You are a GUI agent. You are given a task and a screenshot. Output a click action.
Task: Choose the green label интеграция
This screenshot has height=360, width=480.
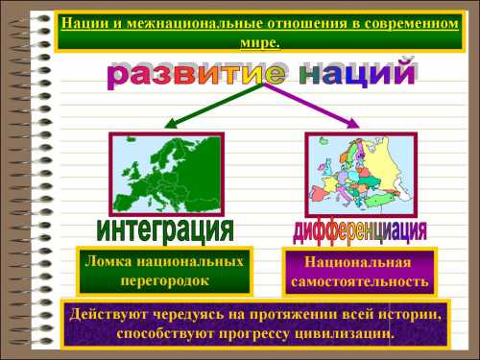pyautogui.click(x=165, y=229)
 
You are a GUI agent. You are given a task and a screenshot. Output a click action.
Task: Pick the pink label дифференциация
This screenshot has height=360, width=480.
pyautogui.click(x=359, y=230)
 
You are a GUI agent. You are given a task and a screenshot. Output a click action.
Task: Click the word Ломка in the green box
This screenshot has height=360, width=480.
pyautogui.click(x=108, y=262)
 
